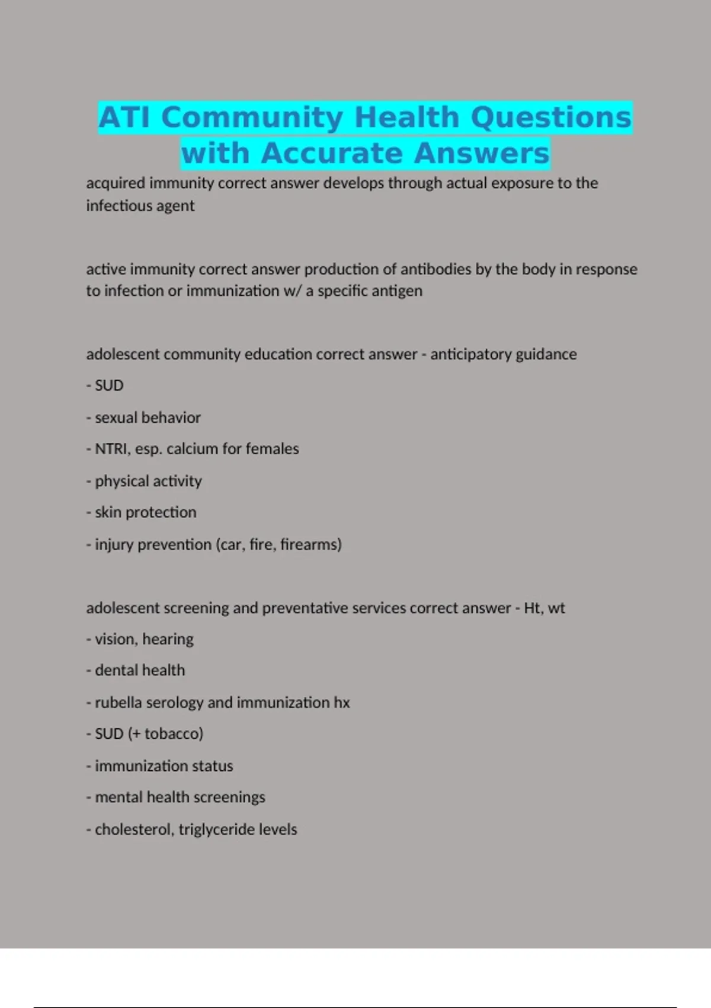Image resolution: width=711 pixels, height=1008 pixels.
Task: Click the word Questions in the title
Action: [x=551, y=117]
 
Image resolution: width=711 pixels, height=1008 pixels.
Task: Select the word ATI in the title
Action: [x=124, y=117]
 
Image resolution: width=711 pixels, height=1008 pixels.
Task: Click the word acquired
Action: [x=116, y=183]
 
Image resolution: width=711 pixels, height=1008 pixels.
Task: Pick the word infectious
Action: [x=118, y=206]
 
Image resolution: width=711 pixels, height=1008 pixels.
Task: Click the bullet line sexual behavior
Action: [x=148, y=417]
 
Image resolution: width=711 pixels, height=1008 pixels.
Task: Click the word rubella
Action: [x=118, y=703]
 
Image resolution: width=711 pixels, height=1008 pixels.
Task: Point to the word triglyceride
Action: [x=216, y=830]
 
